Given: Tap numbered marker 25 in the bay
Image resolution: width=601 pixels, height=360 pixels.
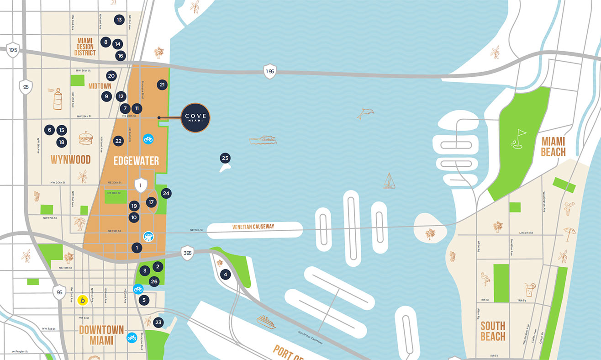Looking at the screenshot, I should click(225, 159).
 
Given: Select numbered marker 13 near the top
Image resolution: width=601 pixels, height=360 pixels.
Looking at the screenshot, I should click(119, 20).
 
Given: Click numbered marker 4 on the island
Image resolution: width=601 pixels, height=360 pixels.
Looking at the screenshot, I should click(225, 275).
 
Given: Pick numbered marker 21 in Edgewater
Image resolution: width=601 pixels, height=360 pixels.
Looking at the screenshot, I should click(162, 85).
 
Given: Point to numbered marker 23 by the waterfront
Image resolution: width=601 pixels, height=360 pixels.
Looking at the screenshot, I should click(158, 322).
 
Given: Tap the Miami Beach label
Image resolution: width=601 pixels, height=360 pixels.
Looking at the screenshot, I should click(553, 147).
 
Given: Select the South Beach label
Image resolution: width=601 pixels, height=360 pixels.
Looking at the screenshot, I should click(493, 331).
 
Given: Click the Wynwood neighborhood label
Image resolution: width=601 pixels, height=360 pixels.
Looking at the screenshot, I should click(70, 159).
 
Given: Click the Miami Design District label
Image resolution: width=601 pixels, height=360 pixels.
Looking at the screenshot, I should click(85, 47).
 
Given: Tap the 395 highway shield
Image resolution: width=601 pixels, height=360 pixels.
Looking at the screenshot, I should click(187, 254).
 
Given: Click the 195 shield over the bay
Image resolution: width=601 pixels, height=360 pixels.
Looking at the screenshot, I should click(270, 71).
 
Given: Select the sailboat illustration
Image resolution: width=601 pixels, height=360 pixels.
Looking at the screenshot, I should click(389, 181).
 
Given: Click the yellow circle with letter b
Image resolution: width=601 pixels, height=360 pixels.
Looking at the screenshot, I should click(82, 300).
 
